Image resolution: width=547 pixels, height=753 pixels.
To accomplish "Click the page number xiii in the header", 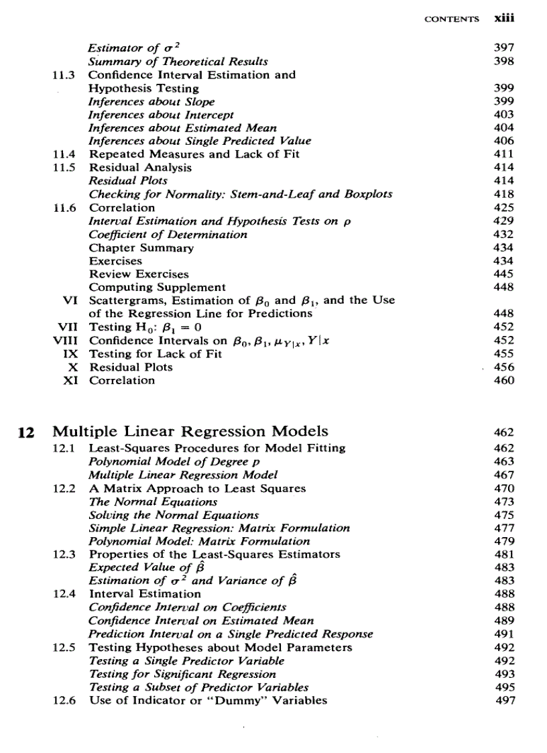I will coord(503,19).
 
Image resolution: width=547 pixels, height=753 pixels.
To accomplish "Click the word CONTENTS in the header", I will coord(452,20).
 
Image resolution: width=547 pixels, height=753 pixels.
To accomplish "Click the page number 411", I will coord(503,154).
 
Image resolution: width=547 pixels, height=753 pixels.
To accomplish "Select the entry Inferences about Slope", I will coord(151,101).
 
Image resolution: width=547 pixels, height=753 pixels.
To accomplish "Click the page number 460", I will coord(503,380).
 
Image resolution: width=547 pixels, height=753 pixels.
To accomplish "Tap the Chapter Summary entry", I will coord(141,247).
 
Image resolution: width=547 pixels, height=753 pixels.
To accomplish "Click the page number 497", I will coord(503,701).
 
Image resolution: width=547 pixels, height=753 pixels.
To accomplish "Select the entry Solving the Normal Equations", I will coord(174,515).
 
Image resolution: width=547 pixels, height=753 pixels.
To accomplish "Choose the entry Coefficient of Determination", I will coord(168,234).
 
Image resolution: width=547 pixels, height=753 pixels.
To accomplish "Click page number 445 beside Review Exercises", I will coord(503,274).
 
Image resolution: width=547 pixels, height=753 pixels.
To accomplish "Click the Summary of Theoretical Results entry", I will coord(178,62).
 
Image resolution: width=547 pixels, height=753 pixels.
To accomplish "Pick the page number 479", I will coord(503,541).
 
